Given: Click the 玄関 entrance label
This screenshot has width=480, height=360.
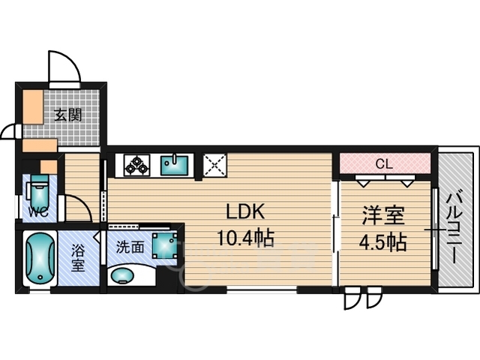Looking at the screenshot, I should (x=67, y=115).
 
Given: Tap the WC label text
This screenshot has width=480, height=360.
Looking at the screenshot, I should (x=38, y=211).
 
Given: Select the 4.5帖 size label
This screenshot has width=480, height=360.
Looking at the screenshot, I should (x=383, y=242).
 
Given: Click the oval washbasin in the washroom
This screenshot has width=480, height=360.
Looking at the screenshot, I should (x=124, y=275).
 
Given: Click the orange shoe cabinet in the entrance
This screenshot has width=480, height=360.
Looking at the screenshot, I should (x=33, y=108).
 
